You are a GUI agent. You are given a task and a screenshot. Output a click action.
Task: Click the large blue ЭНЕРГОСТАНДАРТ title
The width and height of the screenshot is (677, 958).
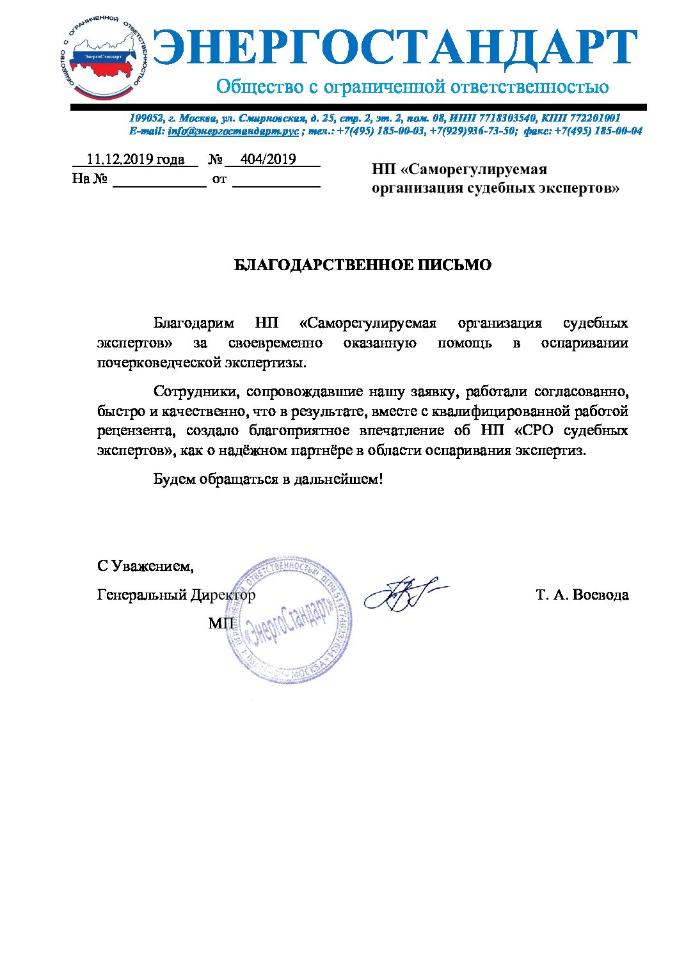[395, 49]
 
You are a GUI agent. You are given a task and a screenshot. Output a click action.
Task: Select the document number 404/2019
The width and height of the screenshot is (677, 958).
[268, 159]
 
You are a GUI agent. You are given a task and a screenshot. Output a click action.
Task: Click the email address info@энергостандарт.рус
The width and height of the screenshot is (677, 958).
[233, 131]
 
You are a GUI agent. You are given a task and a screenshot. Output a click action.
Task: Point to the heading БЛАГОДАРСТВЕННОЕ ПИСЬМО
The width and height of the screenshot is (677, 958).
[363, 265]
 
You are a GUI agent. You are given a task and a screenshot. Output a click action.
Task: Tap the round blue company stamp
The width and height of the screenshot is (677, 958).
[290, 620]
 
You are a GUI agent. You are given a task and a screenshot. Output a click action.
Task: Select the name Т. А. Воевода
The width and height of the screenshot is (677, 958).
[582, 595]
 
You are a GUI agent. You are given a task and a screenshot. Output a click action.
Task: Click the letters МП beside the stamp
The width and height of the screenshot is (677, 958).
[221, 623]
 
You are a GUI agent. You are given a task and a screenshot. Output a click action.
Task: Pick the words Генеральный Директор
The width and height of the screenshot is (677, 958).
[176, 595]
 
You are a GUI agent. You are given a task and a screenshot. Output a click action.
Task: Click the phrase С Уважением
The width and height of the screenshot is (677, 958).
[145, 566]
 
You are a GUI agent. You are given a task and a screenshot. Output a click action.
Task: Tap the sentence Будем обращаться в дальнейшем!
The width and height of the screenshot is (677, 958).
[268, 479]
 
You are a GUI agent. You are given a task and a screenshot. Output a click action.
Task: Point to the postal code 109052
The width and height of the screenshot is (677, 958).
[147, 118]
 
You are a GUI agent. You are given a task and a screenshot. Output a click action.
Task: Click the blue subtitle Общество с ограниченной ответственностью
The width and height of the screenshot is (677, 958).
[412, 87]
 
